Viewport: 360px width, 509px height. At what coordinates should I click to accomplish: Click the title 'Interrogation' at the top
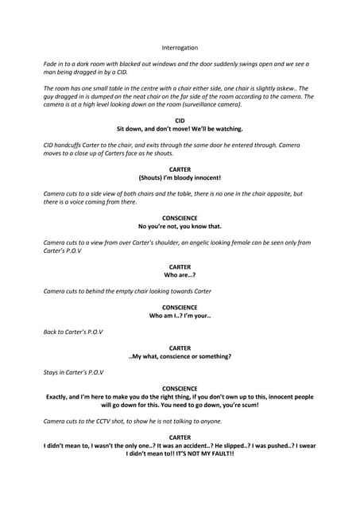point(180,48)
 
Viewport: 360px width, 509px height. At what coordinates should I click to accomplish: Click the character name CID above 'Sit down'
point(180,120)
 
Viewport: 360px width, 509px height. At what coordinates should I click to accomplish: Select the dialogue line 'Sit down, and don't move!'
point(180,129)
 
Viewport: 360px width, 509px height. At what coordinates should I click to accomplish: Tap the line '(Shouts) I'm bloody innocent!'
point(180,177)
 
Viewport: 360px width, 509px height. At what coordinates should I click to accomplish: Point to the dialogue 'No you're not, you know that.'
point(180,226)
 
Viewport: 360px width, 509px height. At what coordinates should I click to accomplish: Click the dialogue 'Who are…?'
point(180,274)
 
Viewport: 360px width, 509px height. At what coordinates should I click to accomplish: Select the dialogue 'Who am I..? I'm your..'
point(180,316)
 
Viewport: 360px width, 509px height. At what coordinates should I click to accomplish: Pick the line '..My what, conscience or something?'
point(180,356)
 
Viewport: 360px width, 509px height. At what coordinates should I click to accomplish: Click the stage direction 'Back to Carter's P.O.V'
point(73,332)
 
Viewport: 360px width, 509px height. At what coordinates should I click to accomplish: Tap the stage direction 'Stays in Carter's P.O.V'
point(73,372)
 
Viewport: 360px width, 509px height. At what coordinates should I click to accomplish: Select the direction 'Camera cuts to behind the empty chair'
point(127,291)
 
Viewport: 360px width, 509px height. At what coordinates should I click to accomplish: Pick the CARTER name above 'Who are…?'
point(180,266)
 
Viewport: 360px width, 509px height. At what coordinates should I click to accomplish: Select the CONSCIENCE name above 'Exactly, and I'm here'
point(180,388)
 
